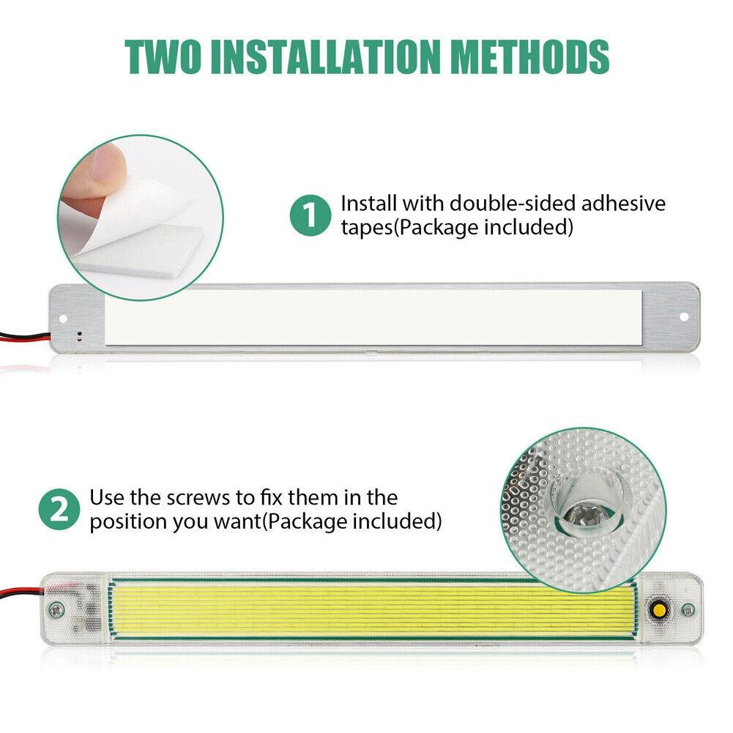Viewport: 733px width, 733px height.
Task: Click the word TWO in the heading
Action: (x=163, y=56)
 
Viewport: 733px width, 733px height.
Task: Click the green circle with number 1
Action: (x=310, y=215)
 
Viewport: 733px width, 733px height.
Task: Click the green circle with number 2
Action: (x=59, y=510)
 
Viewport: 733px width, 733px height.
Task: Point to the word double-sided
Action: (x=512, y=204)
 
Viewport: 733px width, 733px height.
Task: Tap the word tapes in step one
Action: (x=367, y=228)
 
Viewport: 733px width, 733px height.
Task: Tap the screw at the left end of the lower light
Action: (x=57, y=609)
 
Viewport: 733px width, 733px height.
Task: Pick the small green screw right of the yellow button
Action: (x=688, y=609)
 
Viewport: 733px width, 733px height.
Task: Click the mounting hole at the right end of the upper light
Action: (x=684, y=317)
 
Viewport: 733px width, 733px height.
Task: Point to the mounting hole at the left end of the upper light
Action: (x=64, y=319)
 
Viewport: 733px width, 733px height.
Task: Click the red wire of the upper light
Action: (x=24, y=335)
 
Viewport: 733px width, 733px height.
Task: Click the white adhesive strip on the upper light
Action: (x=374, y=318)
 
